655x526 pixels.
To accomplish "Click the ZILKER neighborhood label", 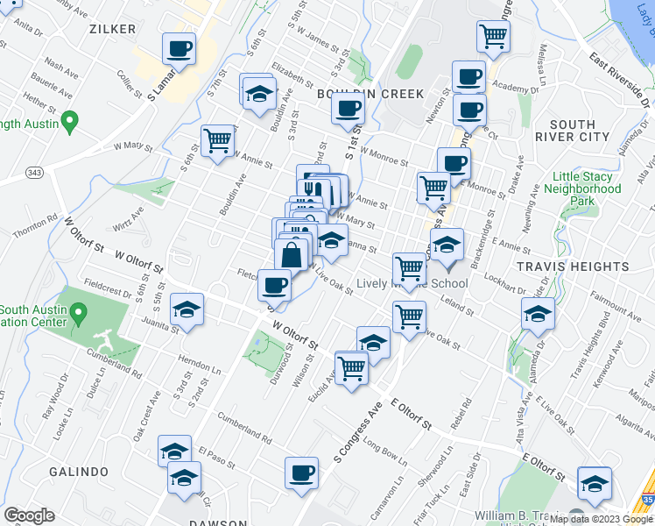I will click(113, 29).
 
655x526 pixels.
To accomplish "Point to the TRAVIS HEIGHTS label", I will click(597, 266).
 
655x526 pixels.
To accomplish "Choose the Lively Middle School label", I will click(412, 283).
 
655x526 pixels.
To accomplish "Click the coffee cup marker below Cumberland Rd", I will click(302, 473).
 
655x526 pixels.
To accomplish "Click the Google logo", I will click(29, 515).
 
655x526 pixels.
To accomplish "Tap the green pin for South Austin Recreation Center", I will click(78, 312).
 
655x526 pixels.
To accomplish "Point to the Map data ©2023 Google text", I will click(601, 519).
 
